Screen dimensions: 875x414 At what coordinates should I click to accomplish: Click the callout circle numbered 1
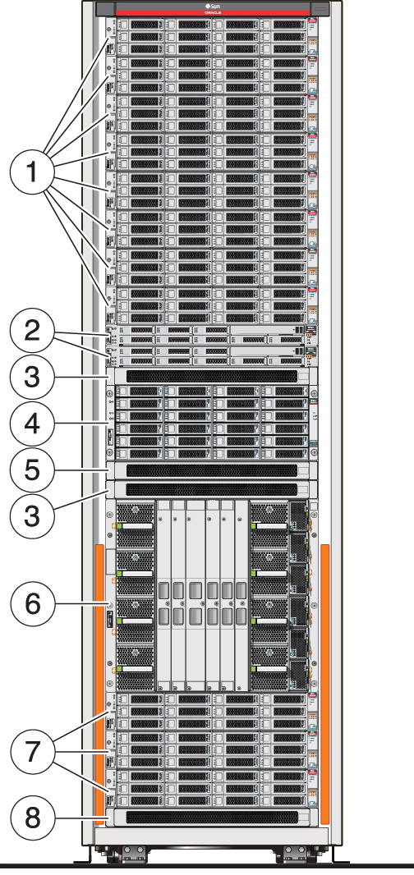32,174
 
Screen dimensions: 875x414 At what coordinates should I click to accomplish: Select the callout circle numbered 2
32,332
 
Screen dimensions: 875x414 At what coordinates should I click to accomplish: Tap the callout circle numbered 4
32,424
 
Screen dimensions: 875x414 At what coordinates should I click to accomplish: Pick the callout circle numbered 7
32,749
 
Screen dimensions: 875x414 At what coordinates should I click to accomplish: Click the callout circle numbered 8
32,818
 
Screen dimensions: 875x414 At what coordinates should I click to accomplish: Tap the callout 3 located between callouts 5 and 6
32,517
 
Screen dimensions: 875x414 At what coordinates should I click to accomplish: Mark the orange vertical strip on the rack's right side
324,681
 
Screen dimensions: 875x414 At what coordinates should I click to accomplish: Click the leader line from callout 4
82,424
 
